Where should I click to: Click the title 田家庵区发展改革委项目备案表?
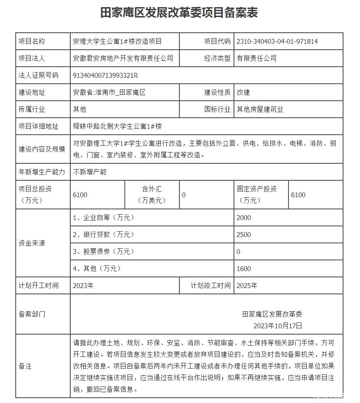point(179,13)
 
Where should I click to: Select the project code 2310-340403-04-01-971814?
point(277,42)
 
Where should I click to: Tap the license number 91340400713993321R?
point(106,75)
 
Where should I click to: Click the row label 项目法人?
point(32,58)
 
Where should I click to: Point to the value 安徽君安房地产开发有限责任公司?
point(123,58)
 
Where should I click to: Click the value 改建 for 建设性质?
point(244,93)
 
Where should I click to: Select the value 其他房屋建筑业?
point(260,109)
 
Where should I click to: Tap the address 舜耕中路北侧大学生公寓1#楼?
point(117,126)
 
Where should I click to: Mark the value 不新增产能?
point(90,172)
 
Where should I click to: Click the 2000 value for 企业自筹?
point(244,218)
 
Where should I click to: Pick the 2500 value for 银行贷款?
point(244,235)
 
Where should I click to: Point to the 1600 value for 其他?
point(244,269)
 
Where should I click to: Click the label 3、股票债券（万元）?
point(104,252)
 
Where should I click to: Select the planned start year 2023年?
point(84,285)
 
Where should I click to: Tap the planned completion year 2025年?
point(247,285)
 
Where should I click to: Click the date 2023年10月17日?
point(278,325)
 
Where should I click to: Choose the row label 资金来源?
point(32,243)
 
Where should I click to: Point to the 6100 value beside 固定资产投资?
point(298,195)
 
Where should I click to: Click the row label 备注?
point(25,366)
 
